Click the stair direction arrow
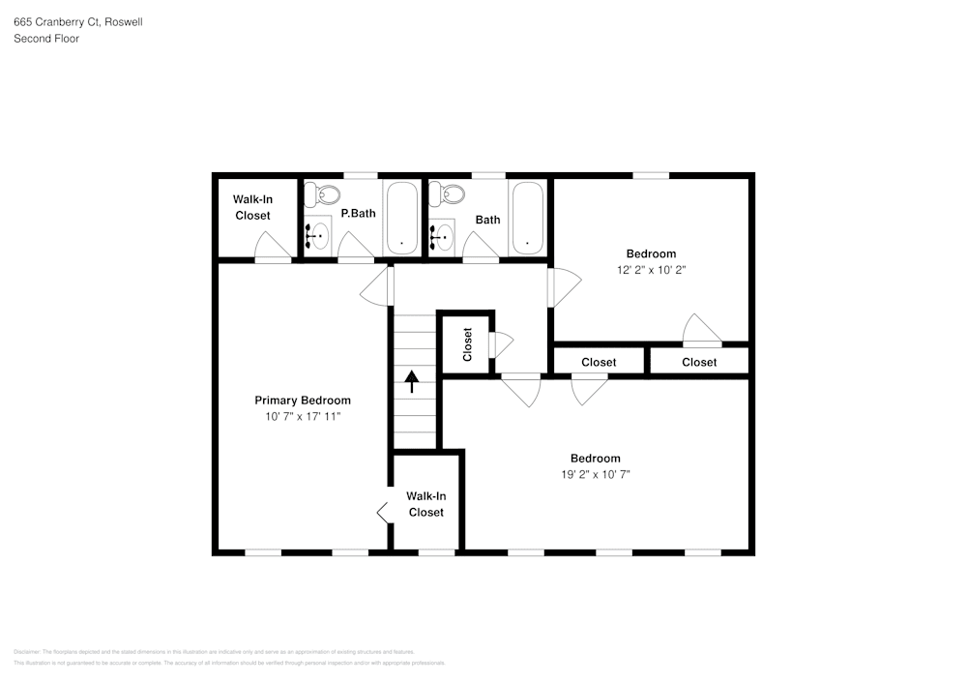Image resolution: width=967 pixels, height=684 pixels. [x=412, y=381]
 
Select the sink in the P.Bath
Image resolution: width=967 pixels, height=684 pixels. [x=317, y=235]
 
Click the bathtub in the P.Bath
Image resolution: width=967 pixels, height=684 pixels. [x=401, y=219]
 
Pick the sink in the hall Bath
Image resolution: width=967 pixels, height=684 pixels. [x=444, y=235]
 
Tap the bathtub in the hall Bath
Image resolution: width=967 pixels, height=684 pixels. [x=527, y=219]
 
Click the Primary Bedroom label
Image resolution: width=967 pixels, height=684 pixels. [x=303, y=401]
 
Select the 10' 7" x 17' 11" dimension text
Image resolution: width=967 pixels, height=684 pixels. [x=303, y=416]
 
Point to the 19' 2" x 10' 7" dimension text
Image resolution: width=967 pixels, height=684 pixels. [x=595, y=474]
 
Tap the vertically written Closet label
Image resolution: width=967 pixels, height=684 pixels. [x=468, y=343]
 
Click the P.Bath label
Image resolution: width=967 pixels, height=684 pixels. [x=358, y=214]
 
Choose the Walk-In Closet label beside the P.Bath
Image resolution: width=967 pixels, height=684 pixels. [x=252, y=207]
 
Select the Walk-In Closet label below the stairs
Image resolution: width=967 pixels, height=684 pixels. [x=425, y=504]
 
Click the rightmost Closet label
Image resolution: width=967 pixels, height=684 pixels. [x=699, y=363]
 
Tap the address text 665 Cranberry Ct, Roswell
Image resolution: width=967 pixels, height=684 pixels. [x=77, y=21]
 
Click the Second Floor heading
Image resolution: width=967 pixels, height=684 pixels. [x=46, y=39]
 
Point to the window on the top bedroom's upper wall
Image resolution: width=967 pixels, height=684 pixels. [x=651, y=175]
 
